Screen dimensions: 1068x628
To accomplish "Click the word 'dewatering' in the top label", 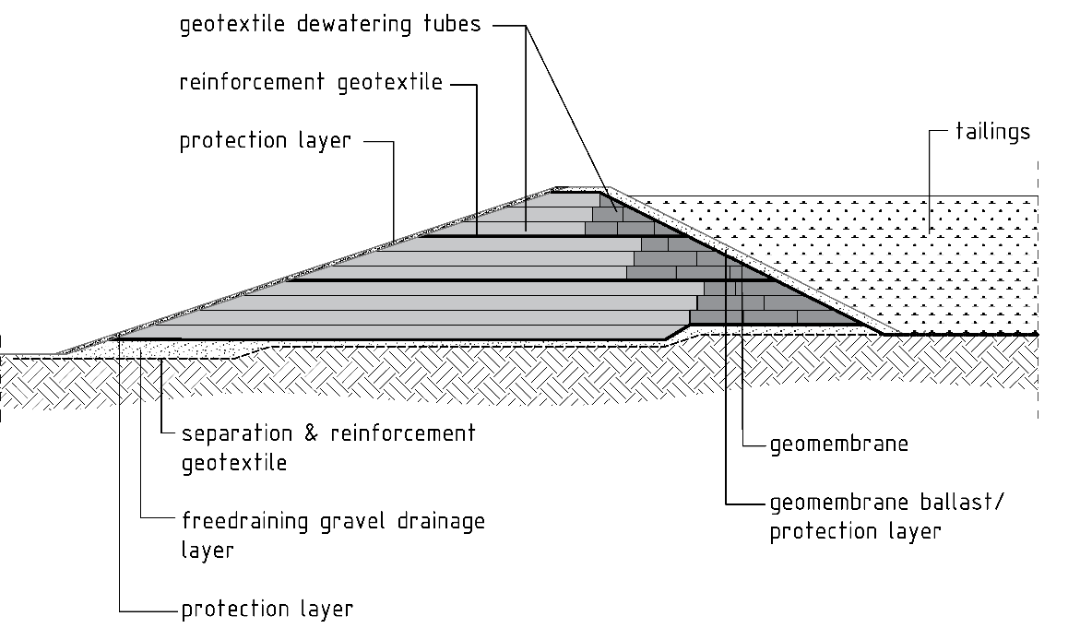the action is [x=354, y=25].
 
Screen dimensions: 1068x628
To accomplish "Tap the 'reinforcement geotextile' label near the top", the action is [x=312, y=82].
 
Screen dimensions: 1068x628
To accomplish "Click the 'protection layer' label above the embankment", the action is [x=266, y=141].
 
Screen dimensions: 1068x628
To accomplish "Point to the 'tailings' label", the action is [x=992, y=132].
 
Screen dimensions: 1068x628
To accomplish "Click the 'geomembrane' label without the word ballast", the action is [x=839, y=444].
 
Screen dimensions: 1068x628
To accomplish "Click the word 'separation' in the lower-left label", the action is [x=238, y=433].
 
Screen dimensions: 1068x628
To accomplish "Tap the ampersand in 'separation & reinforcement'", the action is [x=312, y=433].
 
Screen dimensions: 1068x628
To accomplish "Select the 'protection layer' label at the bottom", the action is [x=267, y=609].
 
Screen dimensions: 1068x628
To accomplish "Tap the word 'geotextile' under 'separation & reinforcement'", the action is [x=233, y=464].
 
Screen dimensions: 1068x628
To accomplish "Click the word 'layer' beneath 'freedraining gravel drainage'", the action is [x=208, y=551].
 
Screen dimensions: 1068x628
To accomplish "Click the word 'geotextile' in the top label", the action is [x=232, y=25].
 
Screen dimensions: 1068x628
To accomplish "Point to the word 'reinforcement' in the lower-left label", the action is [x=403, y=433].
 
